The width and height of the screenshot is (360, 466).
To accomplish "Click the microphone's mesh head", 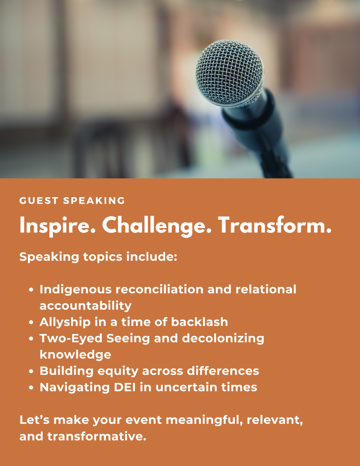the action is point(230,73).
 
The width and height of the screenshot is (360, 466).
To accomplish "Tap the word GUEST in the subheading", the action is point(39,201).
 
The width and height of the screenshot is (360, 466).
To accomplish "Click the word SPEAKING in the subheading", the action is point(94,201).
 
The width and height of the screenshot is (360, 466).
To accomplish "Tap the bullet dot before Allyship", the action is point(31,322).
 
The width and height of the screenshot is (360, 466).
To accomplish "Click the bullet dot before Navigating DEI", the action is point(31,387).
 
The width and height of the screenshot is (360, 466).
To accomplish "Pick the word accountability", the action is point(85,306).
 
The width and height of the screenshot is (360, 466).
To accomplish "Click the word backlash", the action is point(199,322).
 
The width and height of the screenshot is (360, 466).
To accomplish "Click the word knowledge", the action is point(76,355).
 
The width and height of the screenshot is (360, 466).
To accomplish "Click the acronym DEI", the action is point(125,387).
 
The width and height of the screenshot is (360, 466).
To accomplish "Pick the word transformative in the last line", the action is point(97,436).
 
